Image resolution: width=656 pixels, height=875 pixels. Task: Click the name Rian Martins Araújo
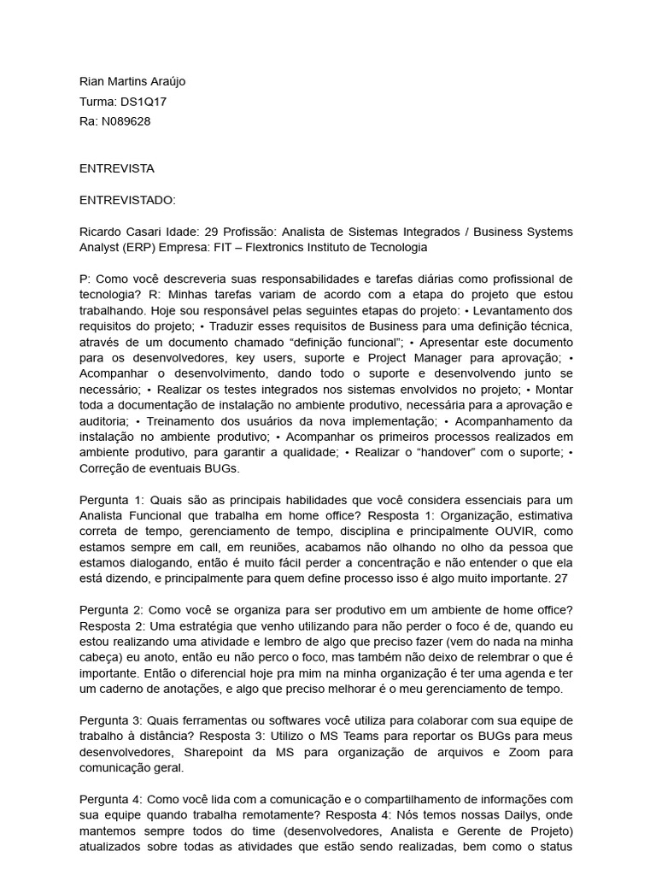coord(132,81)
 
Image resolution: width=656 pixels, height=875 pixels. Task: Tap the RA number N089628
coord(126,120)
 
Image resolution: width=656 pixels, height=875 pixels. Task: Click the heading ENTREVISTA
coord(117,168)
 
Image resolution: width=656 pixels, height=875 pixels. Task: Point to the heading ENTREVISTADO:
coord(127,200)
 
